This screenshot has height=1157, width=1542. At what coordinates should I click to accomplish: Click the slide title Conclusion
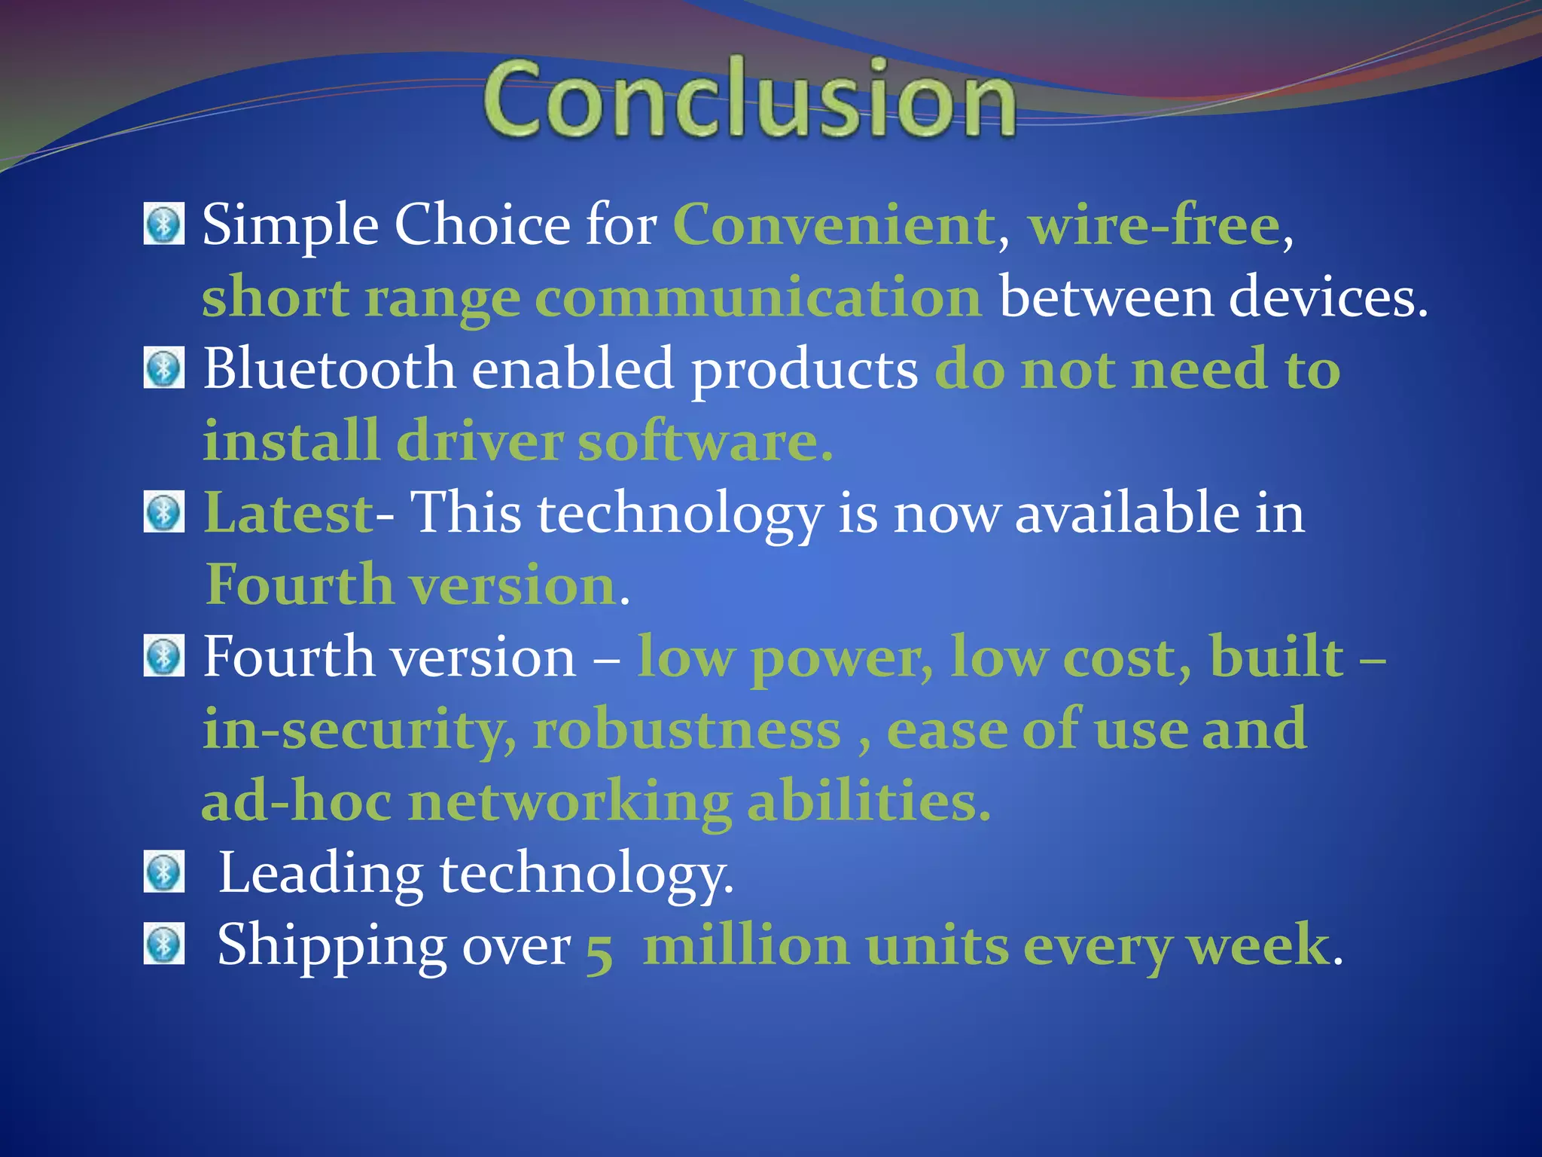click(x=749, y=98)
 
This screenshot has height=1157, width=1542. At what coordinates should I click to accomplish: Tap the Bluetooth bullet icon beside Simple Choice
click(x=163, y=224)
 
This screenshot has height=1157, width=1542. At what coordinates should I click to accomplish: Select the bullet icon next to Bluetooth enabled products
click(x=163, y=368)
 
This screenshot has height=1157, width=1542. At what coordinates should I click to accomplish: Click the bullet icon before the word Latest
click(x=163, y=513)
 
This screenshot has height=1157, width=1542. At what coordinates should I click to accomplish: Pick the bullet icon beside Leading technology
click(x=163, y=873)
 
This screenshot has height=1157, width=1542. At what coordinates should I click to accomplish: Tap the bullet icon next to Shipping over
click(x=163, y=945)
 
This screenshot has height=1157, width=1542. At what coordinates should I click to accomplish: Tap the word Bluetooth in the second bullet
click(x=329, y=368)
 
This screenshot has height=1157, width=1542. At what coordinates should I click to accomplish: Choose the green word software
click(x=705, y=441)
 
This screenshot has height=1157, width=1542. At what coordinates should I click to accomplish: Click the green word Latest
click(x=288, y=513)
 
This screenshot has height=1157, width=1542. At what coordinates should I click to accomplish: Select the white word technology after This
click(x=680, y=514)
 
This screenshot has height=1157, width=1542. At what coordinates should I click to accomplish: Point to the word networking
click(x=570, y=803)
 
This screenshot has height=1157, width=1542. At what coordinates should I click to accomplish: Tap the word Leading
click(x=321, y=874)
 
